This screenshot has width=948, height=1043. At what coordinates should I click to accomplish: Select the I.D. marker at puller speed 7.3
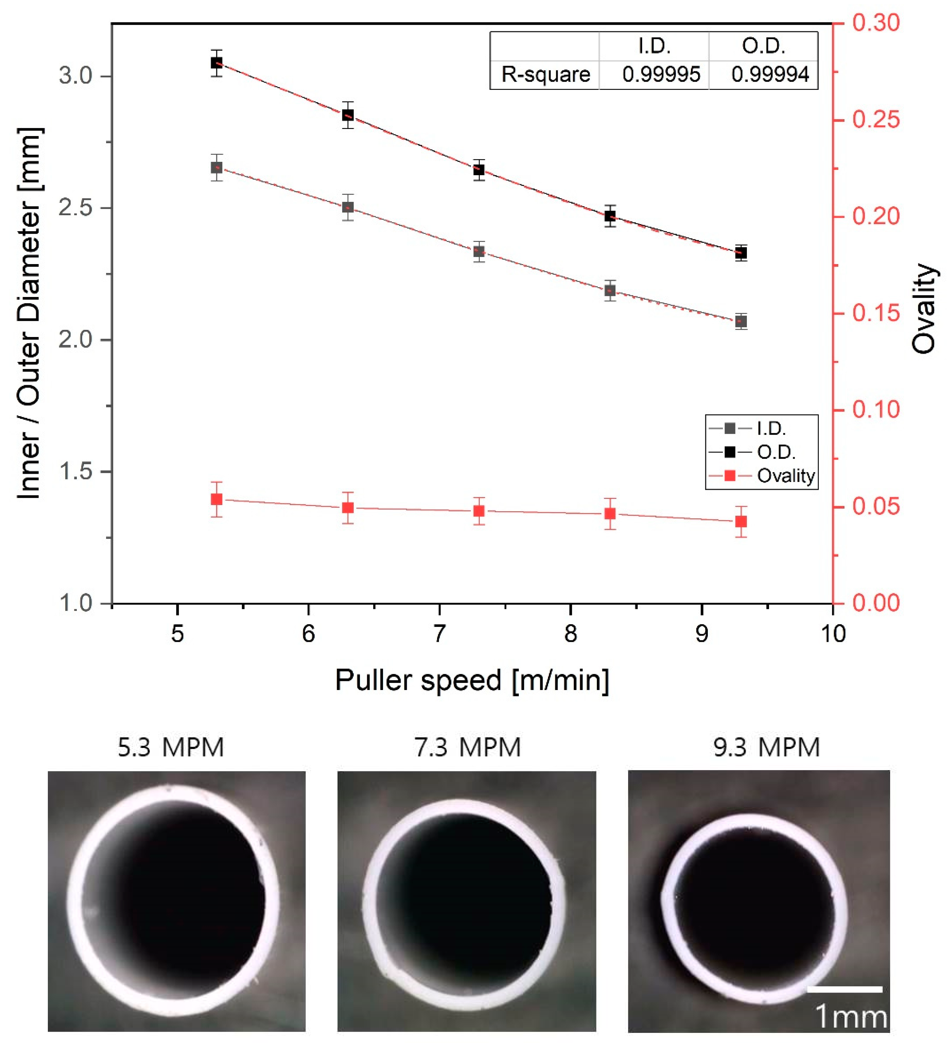pyautogui.click(x=479, y=251)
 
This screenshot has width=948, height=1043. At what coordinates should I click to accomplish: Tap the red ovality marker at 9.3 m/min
pyautogui.click(x=741, y=522)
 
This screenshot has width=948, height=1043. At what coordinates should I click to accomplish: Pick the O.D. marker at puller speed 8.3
pyautogui.click(x=610, y=216)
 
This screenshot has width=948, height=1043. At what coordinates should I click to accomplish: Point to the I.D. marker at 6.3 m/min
pyautogui.click(x=348, y=207)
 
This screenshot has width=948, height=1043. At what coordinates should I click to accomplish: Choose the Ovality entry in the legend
pyautogui.click(x=785, y=475)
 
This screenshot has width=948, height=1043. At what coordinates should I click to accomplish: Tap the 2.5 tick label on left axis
pyautogui.click(x=75, y=208)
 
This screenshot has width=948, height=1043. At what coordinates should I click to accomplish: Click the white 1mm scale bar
pyautogui.click(x=845, y=989)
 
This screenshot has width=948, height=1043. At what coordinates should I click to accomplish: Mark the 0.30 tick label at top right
pyautogui.click(x=876, y=23)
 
